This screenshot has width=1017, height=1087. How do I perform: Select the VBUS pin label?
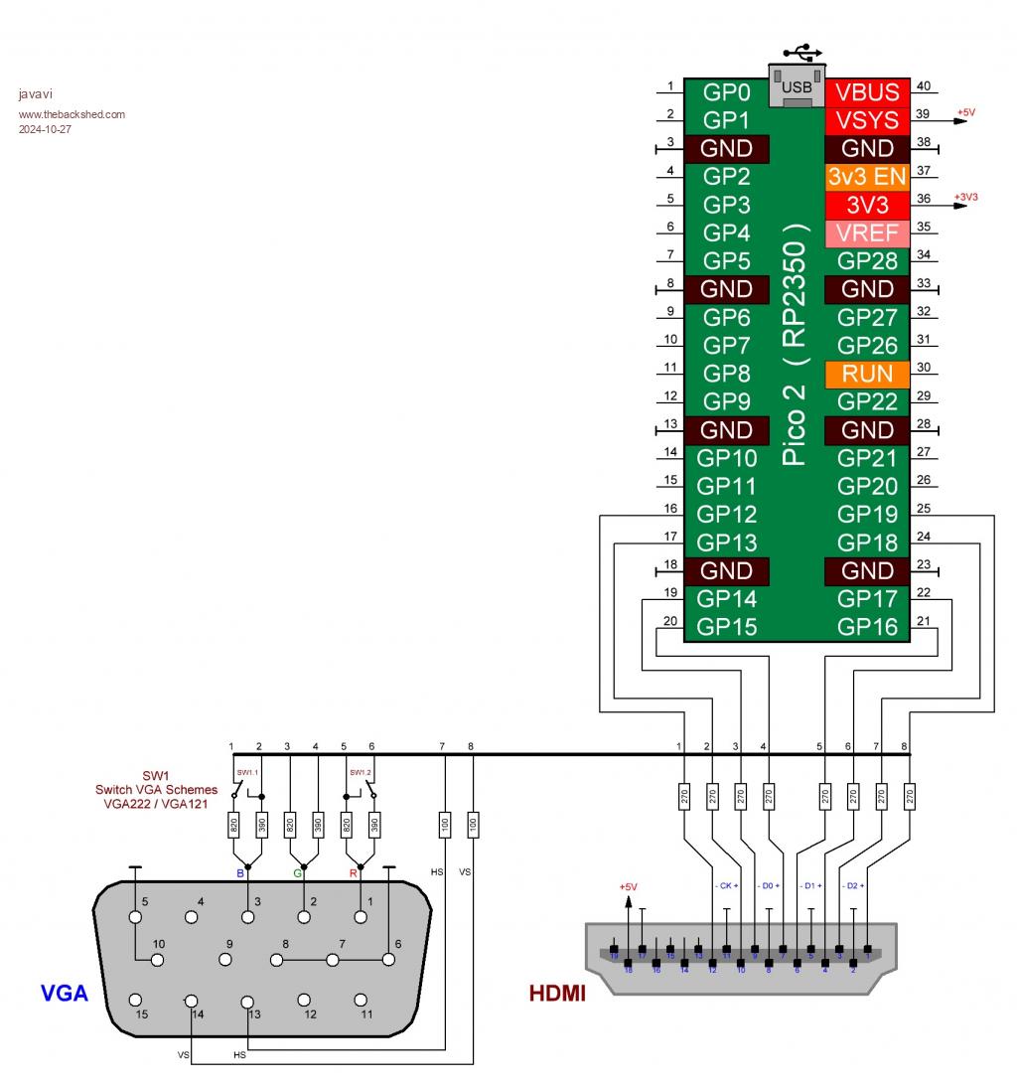867,92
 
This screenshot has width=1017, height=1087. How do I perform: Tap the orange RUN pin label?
867,375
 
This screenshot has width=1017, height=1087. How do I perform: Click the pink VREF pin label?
867,233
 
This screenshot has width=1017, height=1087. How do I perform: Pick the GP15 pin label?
726,627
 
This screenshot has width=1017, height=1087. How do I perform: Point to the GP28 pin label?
867,261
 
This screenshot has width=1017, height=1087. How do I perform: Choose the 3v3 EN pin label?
867,177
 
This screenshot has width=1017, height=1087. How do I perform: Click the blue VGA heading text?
65,992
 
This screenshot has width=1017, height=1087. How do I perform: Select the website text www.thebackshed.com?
72,113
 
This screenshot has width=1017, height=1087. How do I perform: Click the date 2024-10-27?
45,127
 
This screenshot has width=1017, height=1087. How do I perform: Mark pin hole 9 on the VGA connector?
226,960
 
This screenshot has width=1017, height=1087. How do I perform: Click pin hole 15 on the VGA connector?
137,1000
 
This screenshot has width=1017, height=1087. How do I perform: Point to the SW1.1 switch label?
246,771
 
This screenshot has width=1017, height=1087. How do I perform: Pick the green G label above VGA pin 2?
297,873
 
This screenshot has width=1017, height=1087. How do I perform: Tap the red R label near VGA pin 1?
354,873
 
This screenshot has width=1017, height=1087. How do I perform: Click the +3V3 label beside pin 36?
966,197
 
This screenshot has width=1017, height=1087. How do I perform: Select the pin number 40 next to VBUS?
923,85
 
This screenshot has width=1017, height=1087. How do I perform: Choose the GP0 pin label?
726,92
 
